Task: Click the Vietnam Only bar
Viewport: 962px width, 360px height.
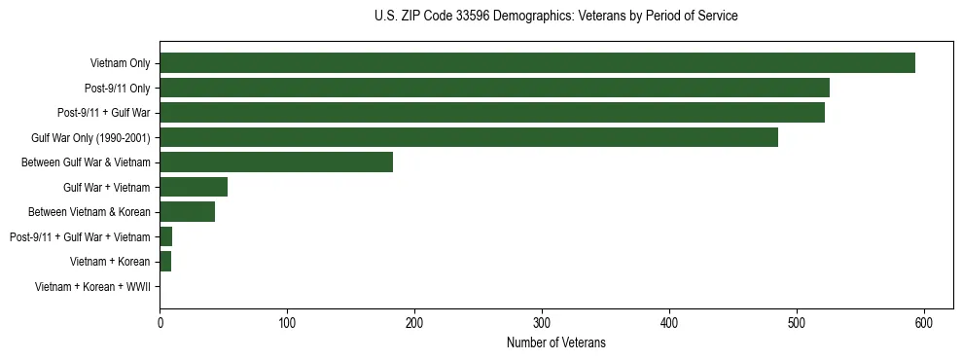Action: tap(537, 63)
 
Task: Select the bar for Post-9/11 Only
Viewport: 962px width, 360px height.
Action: tap(494, 88)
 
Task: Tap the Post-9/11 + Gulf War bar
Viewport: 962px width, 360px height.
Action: tap(492, 113)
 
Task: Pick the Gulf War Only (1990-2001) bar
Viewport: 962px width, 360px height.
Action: tap(469, 137)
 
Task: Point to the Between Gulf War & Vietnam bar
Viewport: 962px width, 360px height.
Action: tap(276, 162)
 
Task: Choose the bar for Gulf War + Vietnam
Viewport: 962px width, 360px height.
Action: tap(194, 187)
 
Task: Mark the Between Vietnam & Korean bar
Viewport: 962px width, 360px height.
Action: tap(188, 212)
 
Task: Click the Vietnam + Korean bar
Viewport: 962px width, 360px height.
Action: tap(165, 262)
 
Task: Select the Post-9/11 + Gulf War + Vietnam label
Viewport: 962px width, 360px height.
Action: tap(80, 237)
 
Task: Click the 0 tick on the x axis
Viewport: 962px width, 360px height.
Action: tap(160, 322)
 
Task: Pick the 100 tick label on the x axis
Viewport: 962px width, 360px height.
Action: tap(287, 322)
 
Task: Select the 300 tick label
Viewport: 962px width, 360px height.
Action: tap(542, 322)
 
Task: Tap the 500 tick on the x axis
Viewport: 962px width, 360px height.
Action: tap(797, 322)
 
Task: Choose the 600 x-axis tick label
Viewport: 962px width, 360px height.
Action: tap(924, 322)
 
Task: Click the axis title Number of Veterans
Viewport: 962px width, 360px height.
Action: tap(556, 342)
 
